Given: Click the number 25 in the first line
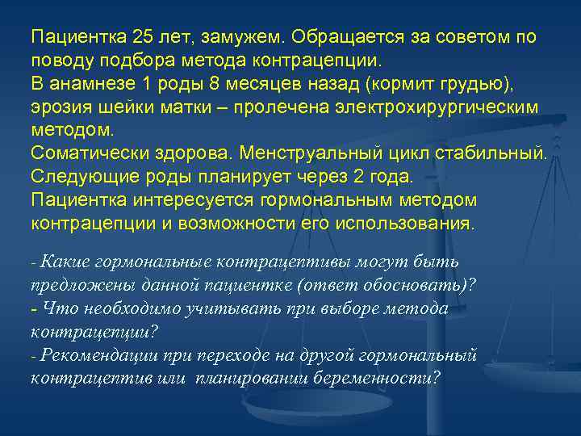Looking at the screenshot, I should pyautogui.click(x=139, y=38).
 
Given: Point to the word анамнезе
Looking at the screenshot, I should pyautogui.click(x=87, y=84).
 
